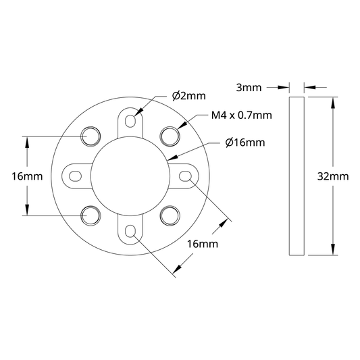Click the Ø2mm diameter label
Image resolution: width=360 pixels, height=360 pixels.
coord(189,96)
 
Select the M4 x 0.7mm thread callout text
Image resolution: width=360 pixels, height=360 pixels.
coord(242,115)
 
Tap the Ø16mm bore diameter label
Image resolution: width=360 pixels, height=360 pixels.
coord(245,143)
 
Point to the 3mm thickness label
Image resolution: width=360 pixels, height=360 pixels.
coord(249,88)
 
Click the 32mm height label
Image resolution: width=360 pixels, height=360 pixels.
coord(333,176)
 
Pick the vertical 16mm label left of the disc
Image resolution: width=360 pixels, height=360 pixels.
coord(27,176)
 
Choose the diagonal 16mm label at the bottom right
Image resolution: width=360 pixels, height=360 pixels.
coord(203,244)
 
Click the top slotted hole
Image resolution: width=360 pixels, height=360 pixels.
coord(130,120)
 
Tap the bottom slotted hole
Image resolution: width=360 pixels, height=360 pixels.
coord(130,232)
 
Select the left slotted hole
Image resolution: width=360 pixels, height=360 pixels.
coord(75,176)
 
